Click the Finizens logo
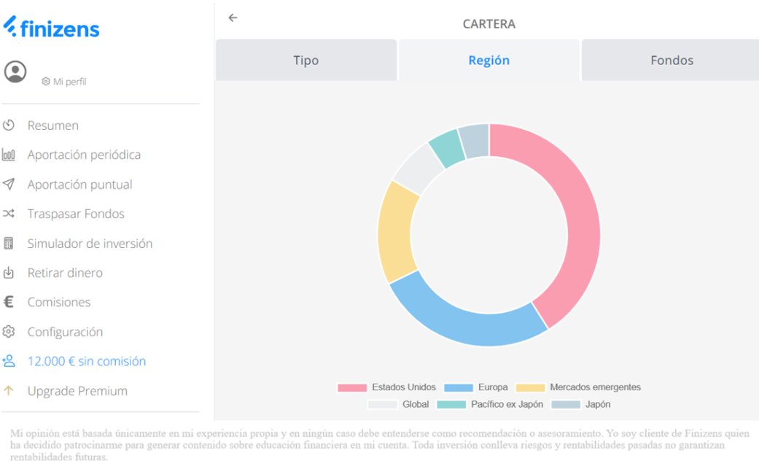coord(51,28)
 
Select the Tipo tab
coord(305,61)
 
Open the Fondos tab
coord(672,61)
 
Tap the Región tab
coord(489,61)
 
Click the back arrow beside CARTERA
coord(233,18)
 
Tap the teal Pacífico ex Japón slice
coord(445,147)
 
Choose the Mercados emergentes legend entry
coord(579,387)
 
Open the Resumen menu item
coord(52,125)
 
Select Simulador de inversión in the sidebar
coord(90,244)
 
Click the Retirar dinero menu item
coord(65,273)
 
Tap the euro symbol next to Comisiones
coord(9,302)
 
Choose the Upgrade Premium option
coord(77,391)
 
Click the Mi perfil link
coord(69,82)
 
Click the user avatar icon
coord(15,71)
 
